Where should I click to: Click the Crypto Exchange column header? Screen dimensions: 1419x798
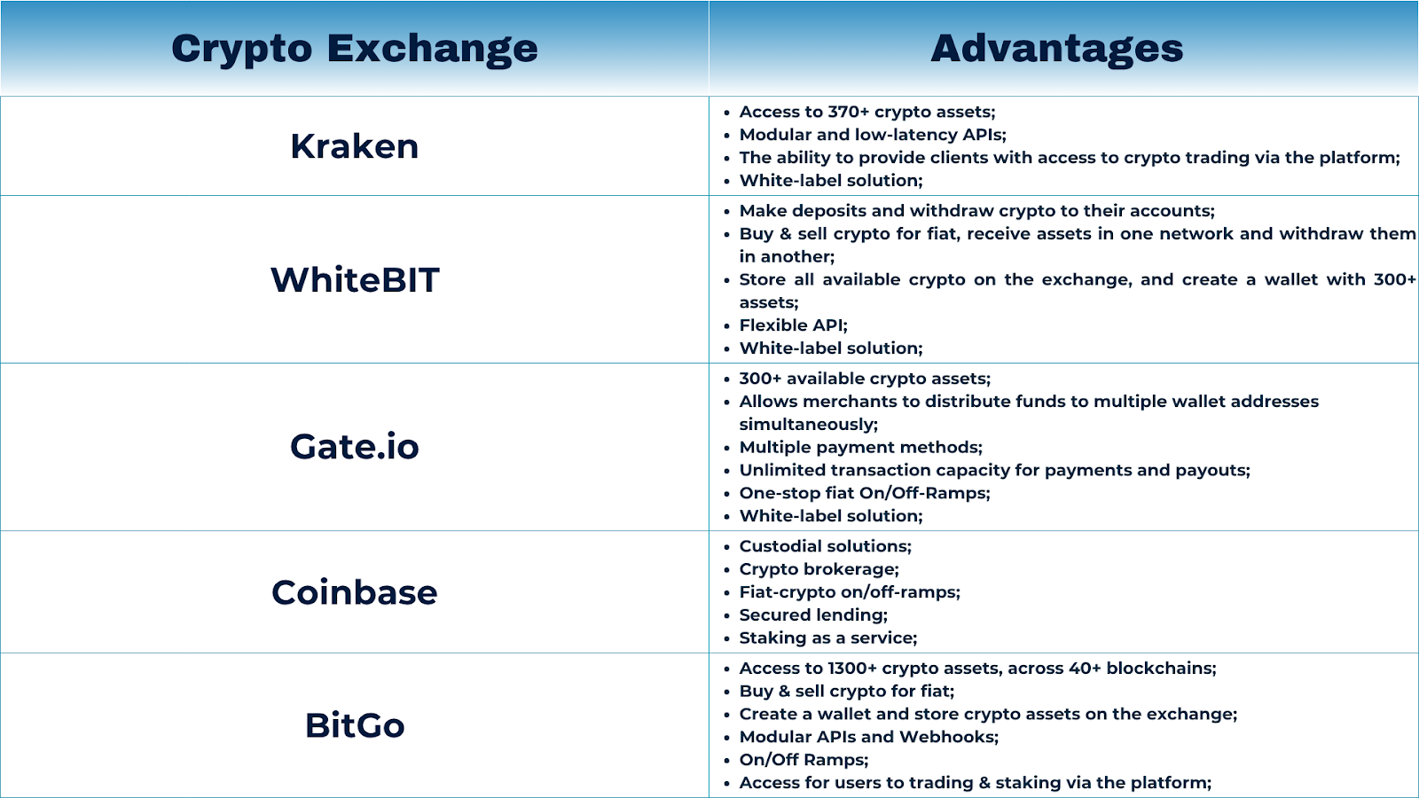click(x=355, y=50)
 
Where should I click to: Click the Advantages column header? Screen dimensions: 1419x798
click(x=1056, y=48)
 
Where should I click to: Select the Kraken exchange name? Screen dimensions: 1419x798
click(x=355, y=146)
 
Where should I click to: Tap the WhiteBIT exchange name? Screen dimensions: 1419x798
click(x=355, y=280)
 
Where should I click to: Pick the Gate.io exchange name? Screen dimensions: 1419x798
click(x=355, y=447)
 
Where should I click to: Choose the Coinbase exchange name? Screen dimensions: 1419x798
click(x=355, y=592)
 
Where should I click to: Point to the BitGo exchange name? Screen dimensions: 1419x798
click(x=355, y=725)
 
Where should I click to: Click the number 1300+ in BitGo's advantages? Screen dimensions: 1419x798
click(x=852, y=669)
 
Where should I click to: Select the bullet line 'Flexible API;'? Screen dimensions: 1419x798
click(x=793, y=325)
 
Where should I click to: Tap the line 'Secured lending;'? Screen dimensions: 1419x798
click(x=813, y=615)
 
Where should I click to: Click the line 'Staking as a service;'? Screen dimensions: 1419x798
click(x=828, y=638)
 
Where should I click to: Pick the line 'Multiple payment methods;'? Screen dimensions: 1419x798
click(x=861, y=448)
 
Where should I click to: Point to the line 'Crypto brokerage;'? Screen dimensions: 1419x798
click(x=819, y=569)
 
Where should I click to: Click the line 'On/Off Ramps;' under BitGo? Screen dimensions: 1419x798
click(x=804, y=760)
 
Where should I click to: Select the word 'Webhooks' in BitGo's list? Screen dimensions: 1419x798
click(x=946, y=737)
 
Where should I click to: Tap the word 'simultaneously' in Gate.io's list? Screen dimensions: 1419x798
click(x=806, y=425)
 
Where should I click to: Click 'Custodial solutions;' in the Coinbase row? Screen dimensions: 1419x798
click(x=826, y=546)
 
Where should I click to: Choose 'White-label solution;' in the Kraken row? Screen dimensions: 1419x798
click(x=831, y=181)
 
